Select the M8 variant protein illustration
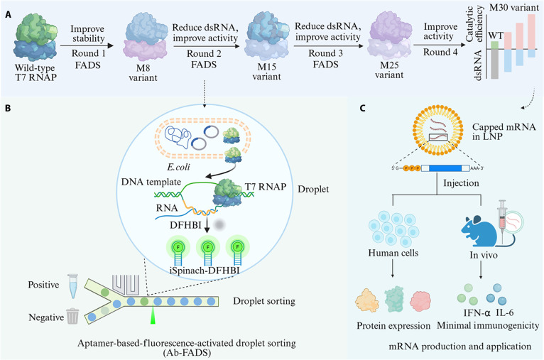coord(143,38)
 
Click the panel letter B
coord(8,108)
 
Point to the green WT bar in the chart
coord(494,45)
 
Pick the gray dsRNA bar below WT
coord(494,64)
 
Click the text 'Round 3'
coord(325,53)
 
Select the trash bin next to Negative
coord(72,316)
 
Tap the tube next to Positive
coord(73,285)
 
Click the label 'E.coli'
coord(178,167)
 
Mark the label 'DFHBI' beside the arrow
coord(185,225)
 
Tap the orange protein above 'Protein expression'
coord(366,300)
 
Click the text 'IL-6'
coord(505,312)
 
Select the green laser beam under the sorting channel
coord(153,315)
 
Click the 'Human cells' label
coord(393,253)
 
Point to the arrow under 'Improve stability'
coord(87,45)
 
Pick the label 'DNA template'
coord(151,182)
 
